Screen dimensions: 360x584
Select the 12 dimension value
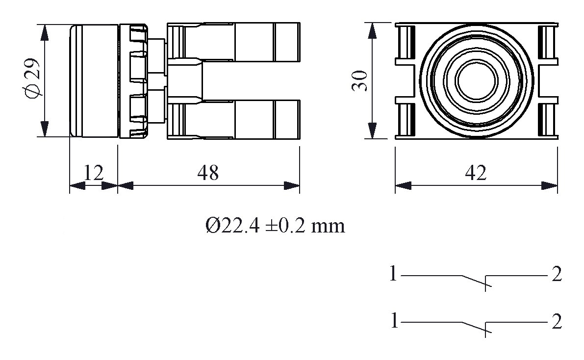point(93,173)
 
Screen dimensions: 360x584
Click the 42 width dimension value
point(475,173)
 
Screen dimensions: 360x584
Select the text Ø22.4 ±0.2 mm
point(275,226)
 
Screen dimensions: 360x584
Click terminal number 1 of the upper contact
point(393,274)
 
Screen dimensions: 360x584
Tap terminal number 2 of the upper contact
point(556,275)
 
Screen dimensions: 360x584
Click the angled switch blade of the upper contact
point(473,281)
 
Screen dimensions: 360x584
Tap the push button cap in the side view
point(93,80)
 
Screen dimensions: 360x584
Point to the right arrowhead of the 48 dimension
point(293,186)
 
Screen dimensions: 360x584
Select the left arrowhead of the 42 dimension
point(403,186)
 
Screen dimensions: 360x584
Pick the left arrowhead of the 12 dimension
point(76,186)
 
